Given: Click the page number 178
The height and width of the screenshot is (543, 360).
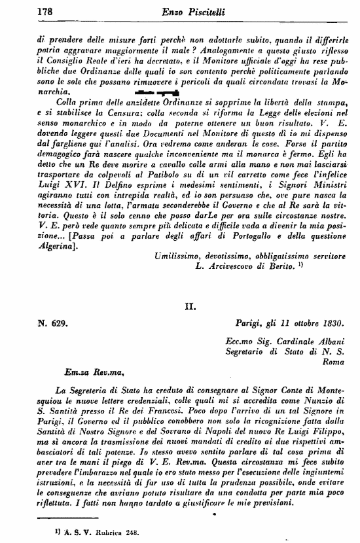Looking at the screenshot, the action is pyautogui.click(x=45, y=11).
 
